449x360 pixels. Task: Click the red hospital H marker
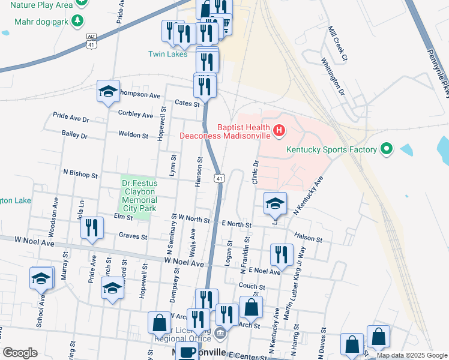(279, 130)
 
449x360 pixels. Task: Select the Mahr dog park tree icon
(77, 22)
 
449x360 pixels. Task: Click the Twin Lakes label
(168, 54)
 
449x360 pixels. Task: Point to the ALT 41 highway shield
(91, 41)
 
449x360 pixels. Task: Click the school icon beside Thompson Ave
(108, 92)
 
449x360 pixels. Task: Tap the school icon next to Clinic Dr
(275, 204)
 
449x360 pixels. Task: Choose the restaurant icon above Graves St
(92, 228)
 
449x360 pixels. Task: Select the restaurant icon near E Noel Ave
(281, 255)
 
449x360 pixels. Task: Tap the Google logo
(20, 353)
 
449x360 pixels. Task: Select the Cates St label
(187, 104)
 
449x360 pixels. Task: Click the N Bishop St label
(80, 175)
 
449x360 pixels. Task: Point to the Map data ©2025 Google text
(411, 355)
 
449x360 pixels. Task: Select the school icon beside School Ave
(41, 279)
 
